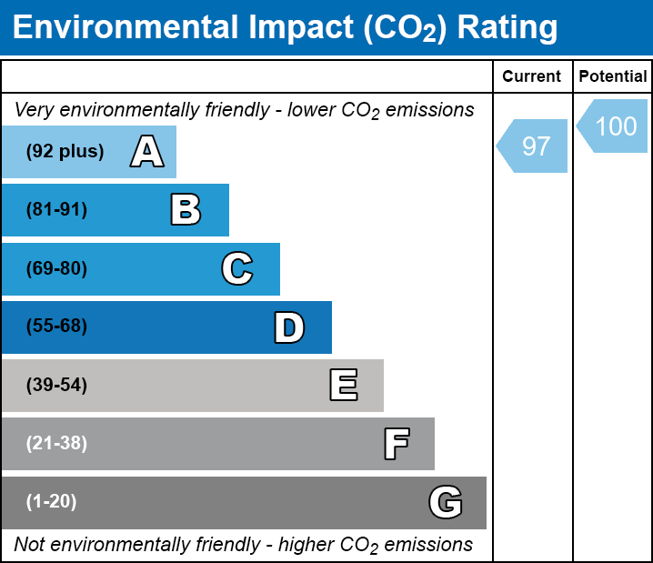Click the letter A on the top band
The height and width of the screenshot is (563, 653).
click(x=147, y=151)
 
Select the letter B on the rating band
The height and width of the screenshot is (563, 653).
click(x=186, y=209)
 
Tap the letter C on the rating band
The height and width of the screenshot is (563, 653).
click(x=237, y=268)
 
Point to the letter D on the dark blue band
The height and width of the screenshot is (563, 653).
click(x=289, y=327)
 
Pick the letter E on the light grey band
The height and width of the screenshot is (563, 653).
click(x=344, y=385)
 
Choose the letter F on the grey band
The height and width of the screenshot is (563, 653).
click(x=397, y=444)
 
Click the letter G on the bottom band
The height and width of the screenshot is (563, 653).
click(x=446, y=502)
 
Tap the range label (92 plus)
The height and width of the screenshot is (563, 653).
click(x=65, y=151)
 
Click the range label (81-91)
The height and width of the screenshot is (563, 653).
click(x=56, y=209)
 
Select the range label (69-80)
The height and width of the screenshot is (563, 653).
click(x=56, y=268)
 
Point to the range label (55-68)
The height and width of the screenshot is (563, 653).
click(x=56, y=326)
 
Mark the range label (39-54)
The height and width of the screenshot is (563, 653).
click(x=56, y=385)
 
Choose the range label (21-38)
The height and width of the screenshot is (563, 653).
click(x=56, y=443)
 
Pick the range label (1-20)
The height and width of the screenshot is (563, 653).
click(x=51, y=501)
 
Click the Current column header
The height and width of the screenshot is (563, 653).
click(x=531, y=76)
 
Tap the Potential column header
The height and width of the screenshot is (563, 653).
click(x=613, y=76)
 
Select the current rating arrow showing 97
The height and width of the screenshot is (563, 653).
click(x=532, y=146)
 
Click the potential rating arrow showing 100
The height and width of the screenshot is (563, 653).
click(x=612, y=126)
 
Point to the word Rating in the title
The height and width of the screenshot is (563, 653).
click(x=507, y=28)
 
